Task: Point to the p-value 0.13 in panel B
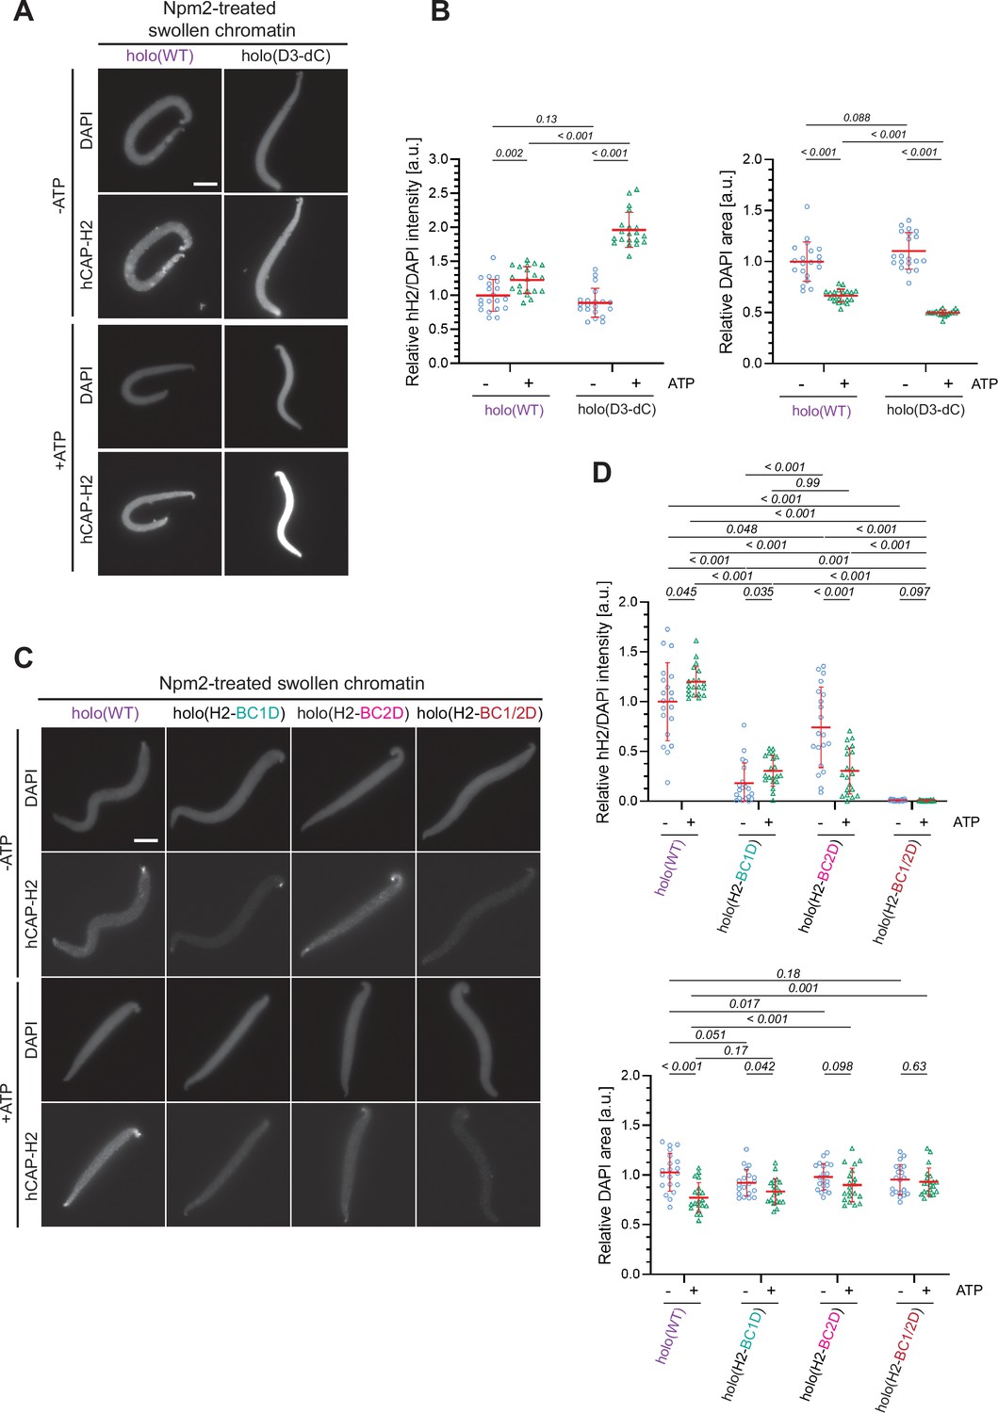[546, 120]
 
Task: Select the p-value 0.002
[509, 153]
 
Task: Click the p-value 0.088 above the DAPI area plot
[857, 118]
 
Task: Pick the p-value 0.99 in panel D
[808, 482]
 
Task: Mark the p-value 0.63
[913, 1066]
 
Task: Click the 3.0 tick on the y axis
[438, 159]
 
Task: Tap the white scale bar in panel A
[205, 184]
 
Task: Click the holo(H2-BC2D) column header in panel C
[353, 713]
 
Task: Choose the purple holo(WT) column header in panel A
[160, 56]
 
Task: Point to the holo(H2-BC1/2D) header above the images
[479, 713]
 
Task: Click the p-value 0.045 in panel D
[680, 592]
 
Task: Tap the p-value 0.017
[744, 1004]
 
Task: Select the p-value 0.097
[914, 592]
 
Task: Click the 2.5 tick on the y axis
[438, 193]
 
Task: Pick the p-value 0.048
[742, 529]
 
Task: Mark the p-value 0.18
[788, 973]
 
